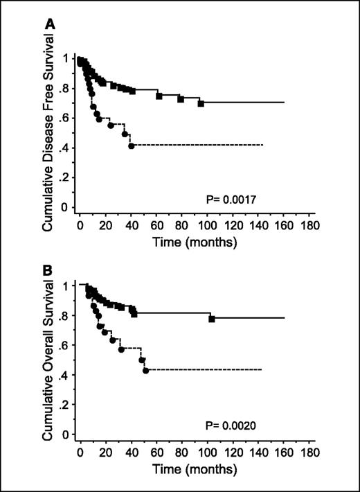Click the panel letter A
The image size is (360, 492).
[51, 24]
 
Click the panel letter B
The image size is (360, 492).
[51, 264]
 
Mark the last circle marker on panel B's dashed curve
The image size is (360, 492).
[145, 371]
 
